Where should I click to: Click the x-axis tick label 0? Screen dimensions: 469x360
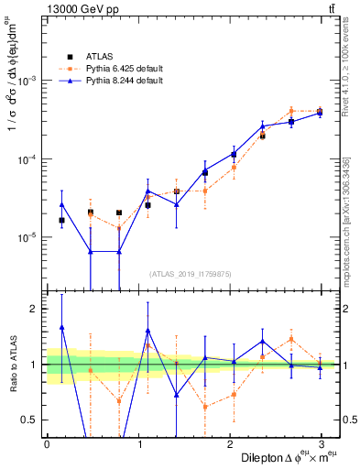pyautogui.click(x=47, y=442)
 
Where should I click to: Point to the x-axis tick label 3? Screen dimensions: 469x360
pyautogui.click(x=321, y=442)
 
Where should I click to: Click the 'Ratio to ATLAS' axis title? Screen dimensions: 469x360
pyautogui.click(x=10, y=365)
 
